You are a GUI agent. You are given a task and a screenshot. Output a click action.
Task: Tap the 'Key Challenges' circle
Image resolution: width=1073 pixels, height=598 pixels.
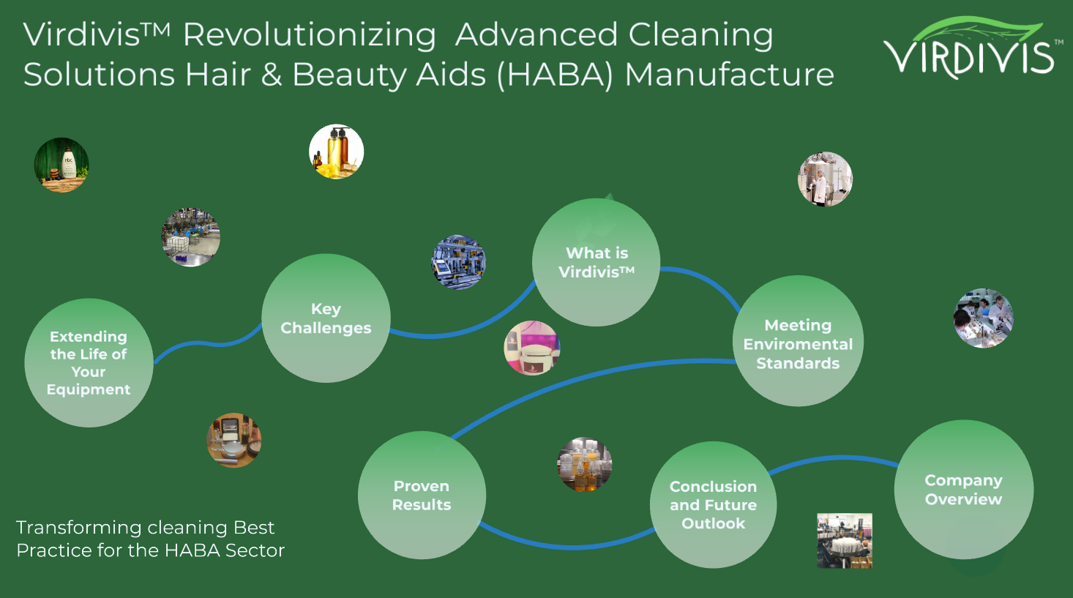[x=326, y=318]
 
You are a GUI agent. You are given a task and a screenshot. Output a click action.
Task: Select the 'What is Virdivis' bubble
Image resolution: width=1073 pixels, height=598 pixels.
[x=597, y=262]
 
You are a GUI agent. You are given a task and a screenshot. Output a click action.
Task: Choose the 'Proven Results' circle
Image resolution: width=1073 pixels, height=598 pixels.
[x=422, y=496]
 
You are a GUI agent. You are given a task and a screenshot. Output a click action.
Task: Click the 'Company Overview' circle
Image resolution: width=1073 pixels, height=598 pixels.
[x=963, y=490]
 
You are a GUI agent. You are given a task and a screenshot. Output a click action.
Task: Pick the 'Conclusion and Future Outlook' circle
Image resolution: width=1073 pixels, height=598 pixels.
[x=713, y=505]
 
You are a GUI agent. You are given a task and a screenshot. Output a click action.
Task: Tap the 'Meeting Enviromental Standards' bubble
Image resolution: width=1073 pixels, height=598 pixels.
[x=798, y=341]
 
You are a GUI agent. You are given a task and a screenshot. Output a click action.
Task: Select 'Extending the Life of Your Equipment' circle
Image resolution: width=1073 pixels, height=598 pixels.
[x=89, y=363]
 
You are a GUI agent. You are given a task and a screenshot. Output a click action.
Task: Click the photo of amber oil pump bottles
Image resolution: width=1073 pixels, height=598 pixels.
[x=336, y=152]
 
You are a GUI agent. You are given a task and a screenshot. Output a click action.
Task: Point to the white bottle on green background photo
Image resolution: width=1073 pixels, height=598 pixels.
[x=61, y=165]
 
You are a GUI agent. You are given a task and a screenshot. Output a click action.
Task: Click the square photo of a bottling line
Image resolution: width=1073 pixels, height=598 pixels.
[x=845, y=540]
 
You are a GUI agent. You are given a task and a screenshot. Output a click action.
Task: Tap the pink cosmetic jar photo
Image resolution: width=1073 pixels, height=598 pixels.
[x=532, y=348]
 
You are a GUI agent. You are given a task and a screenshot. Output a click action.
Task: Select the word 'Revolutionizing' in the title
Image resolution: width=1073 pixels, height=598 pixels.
[x=309, y=35]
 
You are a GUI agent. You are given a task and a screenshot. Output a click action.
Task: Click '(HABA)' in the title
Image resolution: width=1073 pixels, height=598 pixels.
[x=555, y=75]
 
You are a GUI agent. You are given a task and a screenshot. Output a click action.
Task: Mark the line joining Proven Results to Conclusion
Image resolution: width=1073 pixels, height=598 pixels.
[x=564, y=545]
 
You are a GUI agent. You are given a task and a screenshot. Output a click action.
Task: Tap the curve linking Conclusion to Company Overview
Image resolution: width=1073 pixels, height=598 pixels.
[x=834, y=459]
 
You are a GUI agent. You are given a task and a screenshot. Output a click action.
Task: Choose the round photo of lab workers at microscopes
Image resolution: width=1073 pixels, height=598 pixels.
[x=984, y=318]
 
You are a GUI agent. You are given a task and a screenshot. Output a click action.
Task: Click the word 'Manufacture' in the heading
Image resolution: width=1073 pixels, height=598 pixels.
[x=729, y=75]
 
